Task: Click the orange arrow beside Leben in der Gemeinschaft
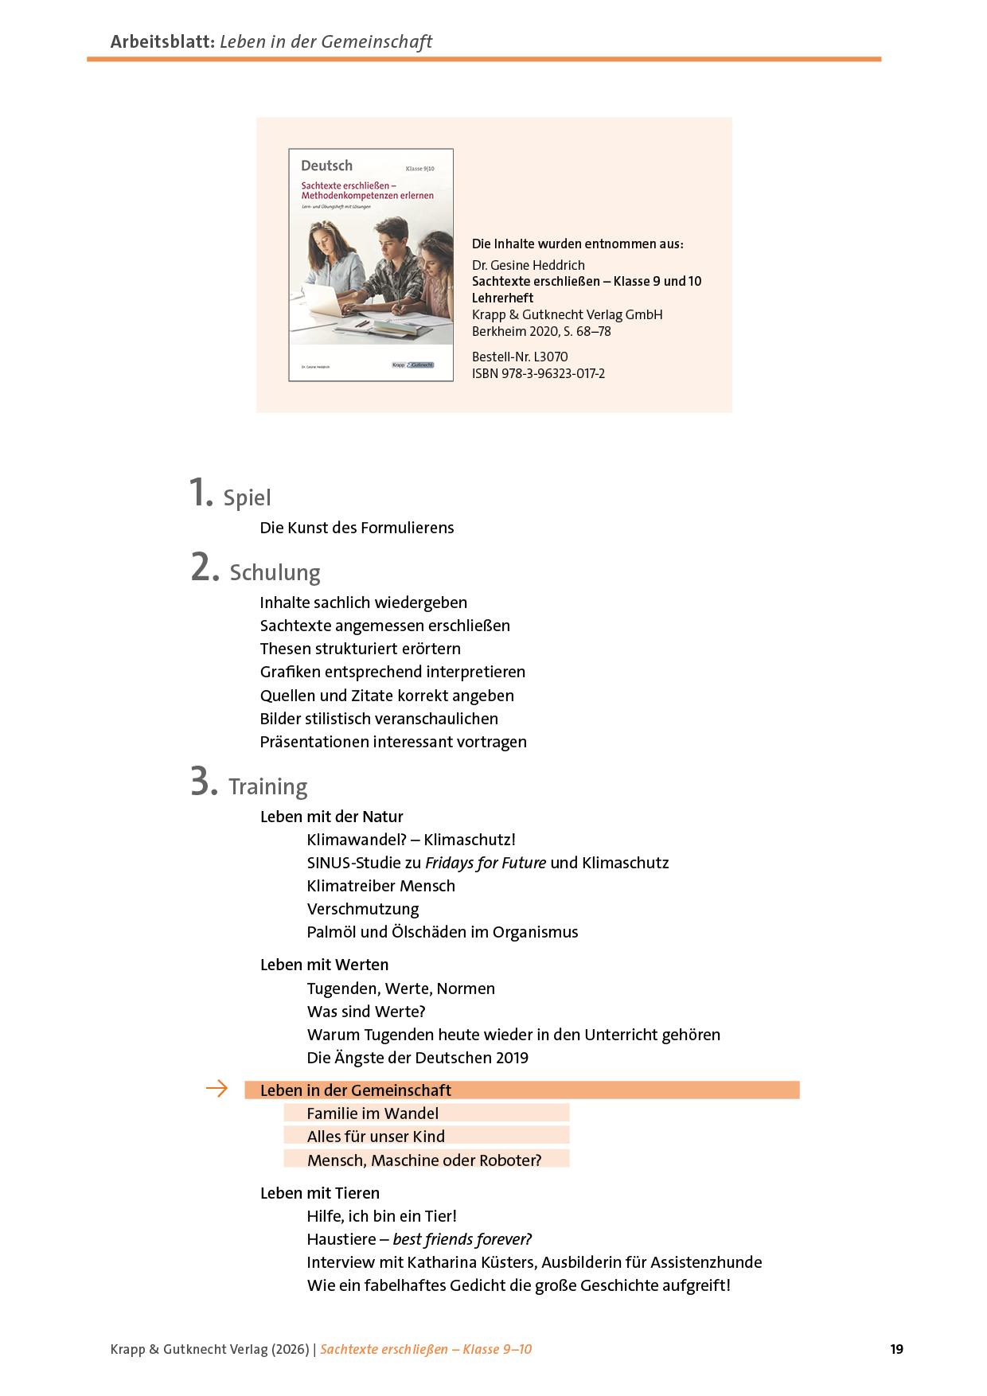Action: (x=217, y=1089)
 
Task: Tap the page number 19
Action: (x=896, y=1349)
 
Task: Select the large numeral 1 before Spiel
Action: (x=201, y=492)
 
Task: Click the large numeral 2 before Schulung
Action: (x=204, y=567)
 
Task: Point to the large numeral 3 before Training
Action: (x=204, y=782)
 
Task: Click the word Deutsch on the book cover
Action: (x=326, y=166)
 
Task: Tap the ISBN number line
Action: (x=538, y=373)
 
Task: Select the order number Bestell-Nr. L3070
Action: (x=520, y=357)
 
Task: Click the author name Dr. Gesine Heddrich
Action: (x=529, y=265)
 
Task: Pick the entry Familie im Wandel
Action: (x=373, y=1113)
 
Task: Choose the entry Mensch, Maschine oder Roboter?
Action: (x=423, y=1160)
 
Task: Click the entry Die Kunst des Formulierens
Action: (x=357, y=528)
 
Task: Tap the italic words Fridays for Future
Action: (x=486, y=863)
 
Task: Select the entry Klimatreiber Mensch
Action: (x=380, y=886)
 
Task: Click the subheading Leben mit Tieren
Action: (x=320, y=1193)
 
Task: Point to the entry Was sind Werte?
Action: (x=366, y=1012)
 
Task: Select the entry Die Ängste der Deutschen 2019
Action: (x=417, y=1058)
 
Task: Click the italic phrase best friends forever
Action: (x=462, y=1239)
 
